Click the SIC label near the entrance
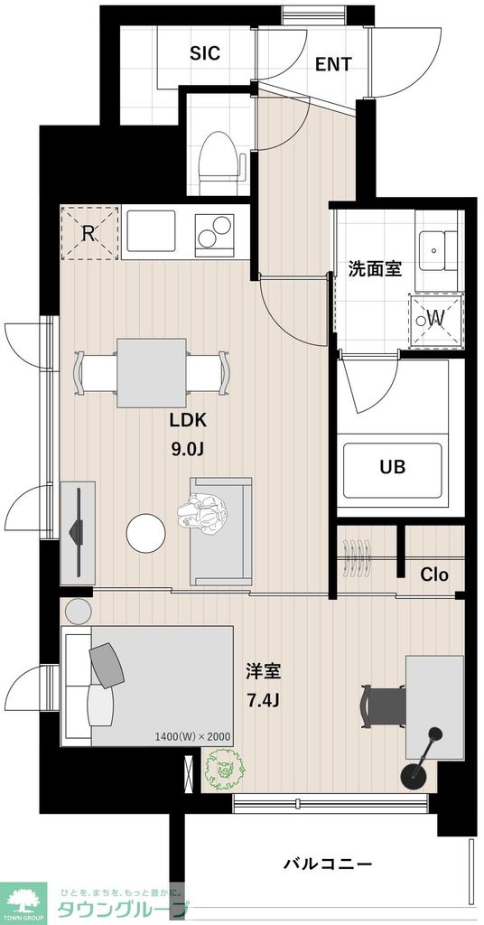(204, 53)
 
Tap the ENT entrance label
(333, 64)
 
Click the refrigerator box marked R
(89, 232)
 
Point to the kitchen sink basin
(151, 232)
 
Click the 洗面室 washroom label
(375, 268)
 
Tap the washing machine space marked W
(435, 318)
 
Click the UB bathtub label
(392, 467)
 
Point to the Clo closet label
(434, 575)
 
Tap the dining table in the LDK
(151, 372)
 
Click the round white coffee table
(146, 533)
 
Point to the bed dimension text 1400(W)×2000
(192, 736)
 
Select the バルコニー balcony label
(328, 864)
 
